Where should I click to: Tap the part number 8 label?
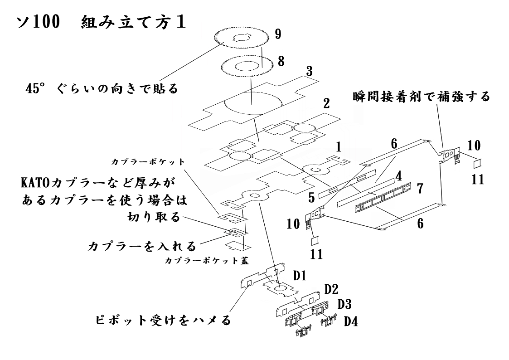coord(281,61)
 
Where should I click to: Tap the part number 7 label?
coord(420,187)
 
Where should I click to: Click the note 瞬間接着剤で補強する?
coord(421,96)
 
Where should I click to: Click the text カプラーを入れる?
coord(141,246)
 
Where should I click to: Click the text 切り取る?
coord(153,218)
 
